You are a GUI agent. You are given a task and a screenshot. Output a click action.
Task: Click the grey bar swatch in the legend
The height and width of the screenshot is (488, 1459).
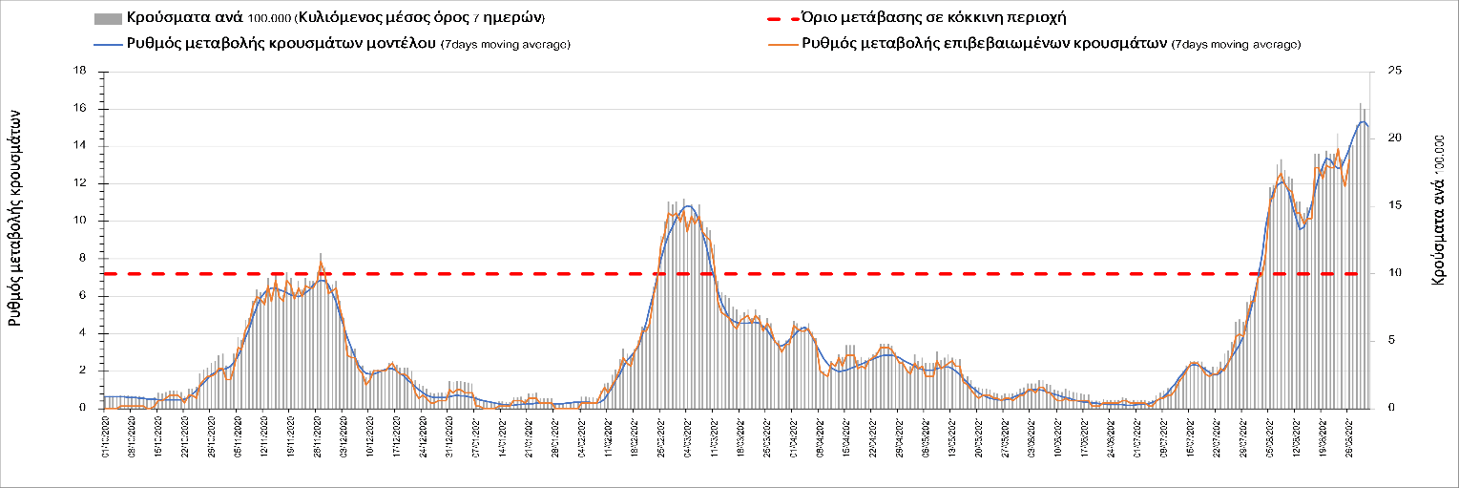(108, 18)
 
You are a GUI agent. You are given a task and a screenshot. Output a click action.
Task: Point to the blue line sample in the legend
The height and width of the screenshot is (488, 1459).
(108, 44)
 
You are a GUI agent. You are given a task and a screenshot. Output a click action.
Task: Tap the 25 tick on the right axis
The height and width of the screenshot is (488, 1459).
(1396, 72)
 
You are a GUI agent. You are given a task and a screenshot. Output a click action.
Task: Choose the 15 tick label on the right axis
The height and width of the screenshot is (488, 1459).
(1396, 206)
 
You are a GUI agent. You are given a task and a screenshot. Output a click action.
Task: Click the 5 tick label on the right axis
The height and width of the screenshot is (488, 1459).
(1392, 341)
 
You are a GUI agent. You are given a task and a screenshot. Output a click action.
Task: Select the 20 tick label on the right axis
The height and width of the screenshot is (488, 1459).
(1396, 138)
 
